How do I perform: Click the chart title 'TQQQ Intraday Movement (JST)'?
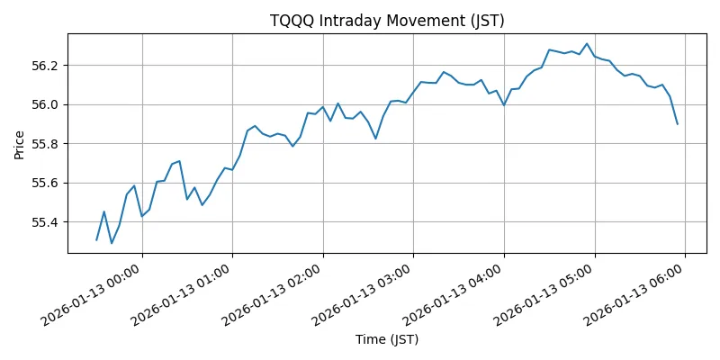tap(387, 21)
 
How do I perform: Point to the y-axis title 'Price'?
tap(20, 144)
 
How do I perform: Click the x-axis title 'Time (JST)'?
tap(387, 339)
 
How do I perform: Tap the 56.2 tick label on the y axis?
tap(45, 66)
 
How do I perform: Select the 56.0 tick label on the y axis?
tap(45, 104)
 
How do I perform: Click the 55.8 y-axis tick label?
tap(45, 144)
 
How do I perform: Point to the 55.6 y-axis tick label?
tap(45, 183)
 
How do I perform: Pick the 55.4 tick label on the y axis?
tap(45, 222)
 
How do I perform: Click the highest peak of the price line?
tap(587, 43)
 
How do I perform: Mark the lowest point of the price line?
tap(112, 243)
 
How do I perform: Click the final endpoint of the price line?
tap(678, 124)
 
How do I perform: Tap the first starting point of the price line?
tap(96, 240)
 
